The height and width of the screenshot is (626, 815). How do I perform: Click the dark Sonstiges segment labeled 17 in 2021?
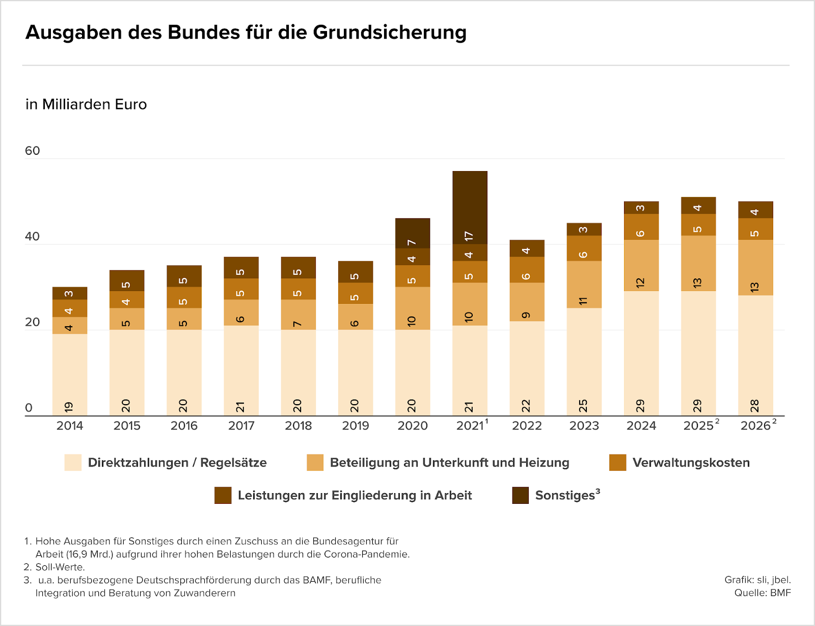pos(470,208)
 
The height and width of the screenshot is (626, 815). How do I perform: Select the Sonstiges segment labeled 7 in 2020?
pos(413,233)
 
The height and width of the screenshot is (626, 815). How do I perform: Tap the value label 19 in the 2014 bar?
pos(69,407)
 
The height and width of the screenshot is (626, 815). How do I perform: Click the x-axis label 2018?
pos(298,426)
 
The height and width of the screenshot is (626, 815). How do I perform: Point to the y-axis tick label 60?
pos(32,151)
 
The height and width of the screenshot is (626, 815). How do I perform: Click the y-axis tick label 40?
pos(32,236)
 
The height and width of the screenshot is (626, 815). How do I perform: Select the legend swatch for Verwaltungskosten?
pos(617,463)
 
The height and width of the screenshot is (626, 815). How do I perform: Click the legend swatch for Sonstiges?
pos(520,495)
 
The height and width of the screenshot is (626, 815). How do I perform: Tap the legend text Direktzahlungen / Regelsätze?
pos(177,463)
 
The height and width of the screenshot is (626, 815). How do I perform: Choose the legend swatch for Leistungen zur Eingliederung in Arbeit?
pos(223,495)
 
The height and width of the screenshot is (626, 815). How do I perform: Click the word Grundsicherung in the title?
pos(390,32)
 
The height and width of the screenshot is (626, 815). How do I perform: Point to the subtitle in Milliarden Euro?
pos(86,104)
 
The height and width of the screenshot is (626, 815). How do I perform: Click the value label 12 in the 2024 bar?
pos(641,283)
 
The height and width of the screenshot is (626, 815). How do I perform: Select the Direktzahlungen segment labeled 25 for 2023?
pos(584,361)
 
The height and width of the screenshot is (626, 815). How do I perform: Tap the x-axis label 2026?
pos(755,426)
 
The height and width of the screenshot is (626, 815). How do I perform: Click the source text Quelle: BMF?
pos(762,593)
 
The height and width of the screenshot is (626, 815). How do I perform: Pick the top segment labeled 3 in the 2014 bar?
pos(69,294)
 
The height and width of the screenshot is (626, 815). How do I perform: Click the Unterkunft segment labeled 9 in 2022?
pos(527,302)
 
